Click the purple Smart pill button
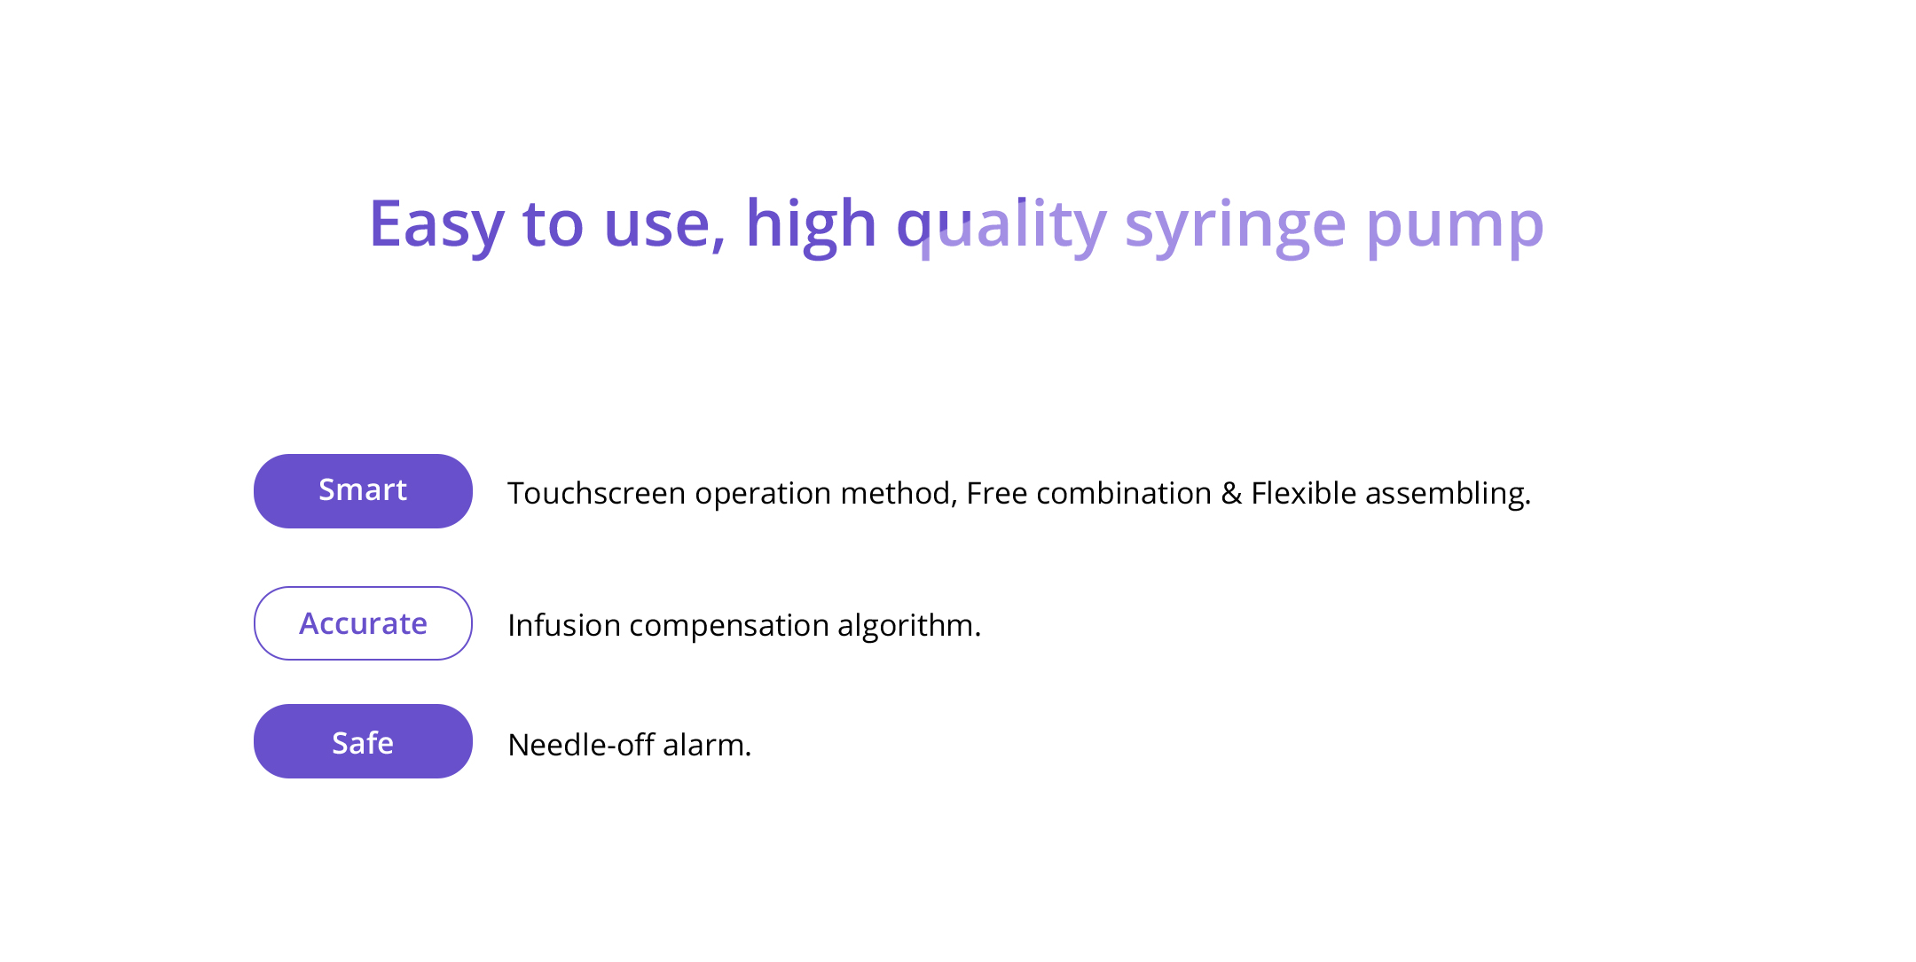[x=363, y=491]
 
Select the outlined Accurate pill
[x=363, y=623]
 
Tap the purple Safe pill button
[x=363, y=741]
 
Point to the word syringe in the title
[x=1236, y=227]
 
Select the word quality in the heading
[x=1001, y=227]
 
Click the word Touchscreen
[x=596, y=493]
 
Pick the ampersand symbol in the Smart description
[x=1231, y=493]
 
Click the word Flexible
[x=1303, y=493]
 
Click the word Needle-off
[x=581, y=745]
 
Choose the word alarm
[x=707, y=745]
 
